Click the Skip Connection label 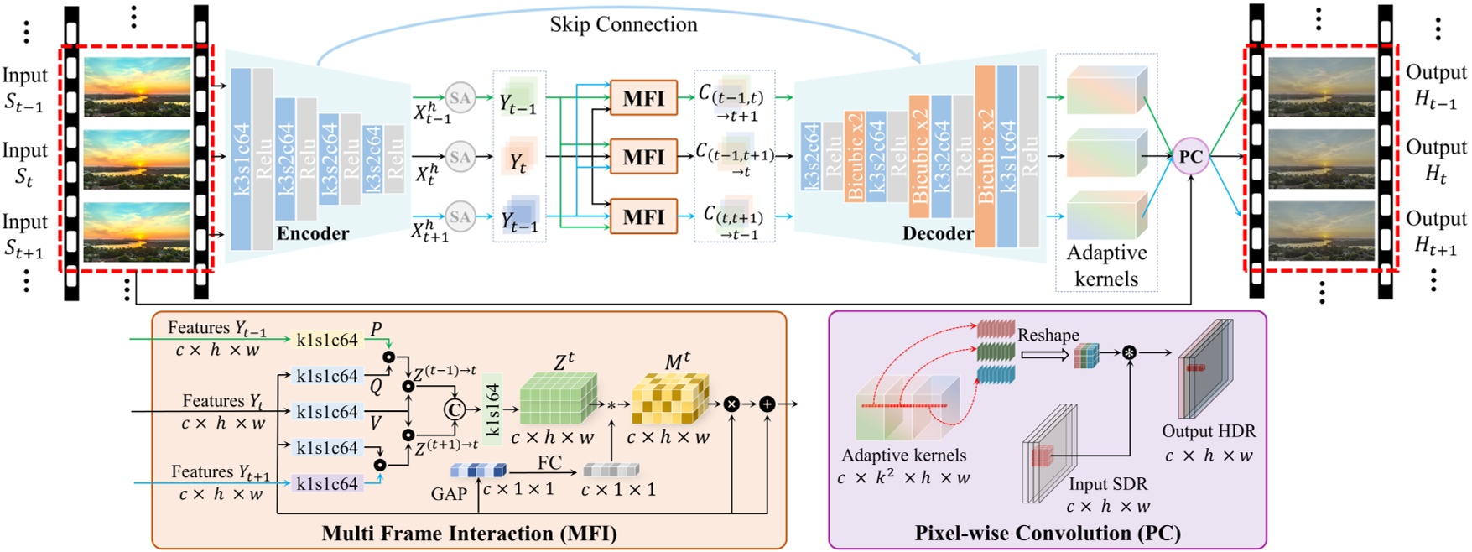point(623,24)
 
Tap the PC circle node point(1190,156)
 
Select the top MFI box point(643,98)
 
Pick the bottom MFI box point(643,216)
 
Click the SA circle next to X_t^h point(460,156)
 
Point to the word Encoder point(313,233)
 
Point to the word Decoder point(938,233)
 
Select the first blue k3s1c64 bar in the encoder point(241,159)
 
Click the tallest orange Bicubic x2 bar point(985,156)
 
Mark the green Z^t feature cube point(558,399)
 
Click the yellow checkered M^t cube point(670,399)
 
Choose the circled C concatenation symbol point(454,409)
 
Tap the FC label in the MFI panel point(549,463)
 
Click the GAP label point(449,494)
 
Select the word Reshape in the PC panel point(1048,335)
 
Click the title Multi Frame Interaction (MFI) point(469,534)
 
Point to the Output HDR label point(1209,431)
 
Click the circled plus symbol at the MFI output point(767,404)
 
